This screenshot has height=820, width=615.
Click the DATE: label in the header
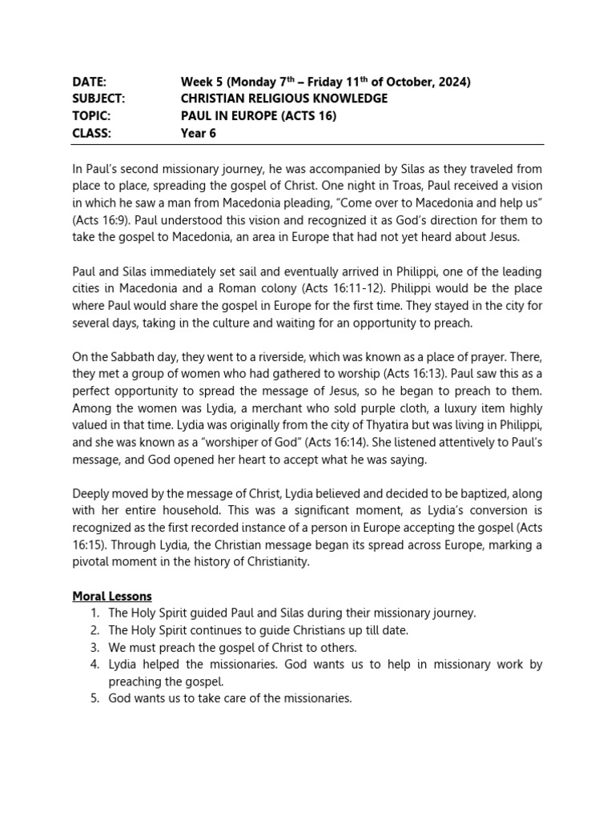click(x=89, y=82)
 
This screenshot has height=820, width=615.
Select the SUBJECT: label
click(x=98, y=98)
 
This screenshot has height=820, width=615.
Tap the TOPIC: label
click(x=92, y=116)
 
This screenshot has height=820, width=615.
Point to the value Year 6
click(x=199, y=134)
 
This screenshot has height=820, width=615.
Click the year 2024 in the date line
click(x=455, y=82)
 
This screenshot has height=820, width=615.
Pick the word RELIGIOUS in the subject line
click(x=287, y=98)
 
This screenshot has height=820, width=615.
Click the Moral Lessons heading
click(x=112, y=596)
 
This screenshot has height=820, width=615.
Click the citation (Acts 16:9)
click(x=101, y=219)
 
